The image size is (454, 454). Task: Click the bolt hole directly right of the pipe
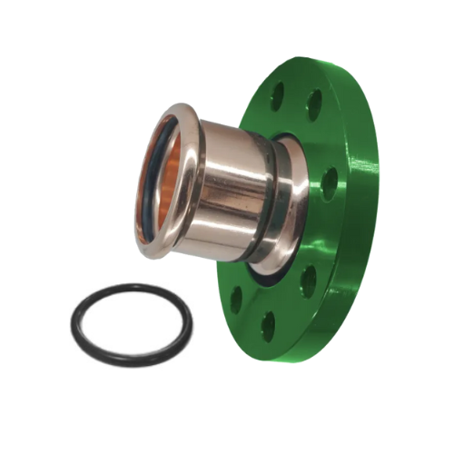coord(330,183)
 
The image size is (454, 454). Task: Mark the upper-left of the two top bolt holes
coord(277,95)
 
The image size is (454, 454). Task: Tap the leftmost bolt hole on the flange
coord(237,300)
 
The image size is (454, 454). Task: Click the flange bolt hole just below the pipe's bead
coord(308,282)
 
